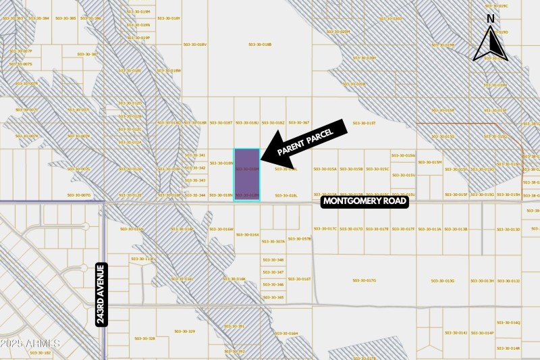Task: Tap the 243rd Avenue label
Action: (x=101, y=294)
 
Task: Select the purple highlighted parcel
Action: (x=246, y=174)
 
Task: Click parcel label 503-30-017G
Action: (x=364, y=280)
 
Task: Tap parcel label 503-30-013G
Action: (x=443, y=280)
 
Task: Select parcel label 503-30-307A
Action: (x=274, y=241)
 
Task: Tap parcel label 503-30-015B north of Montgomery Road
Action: (x=352, y=170)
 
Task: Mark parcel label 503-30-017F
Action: (x=404, y=229)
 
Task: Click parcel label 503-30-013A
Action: (x=430, y=229)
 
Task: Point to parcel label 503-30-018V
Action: (x=194, y=45)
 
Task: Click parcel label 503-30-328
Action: (x=144, y=338)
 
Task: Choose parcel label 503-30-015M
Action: (x=430, y=162)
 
